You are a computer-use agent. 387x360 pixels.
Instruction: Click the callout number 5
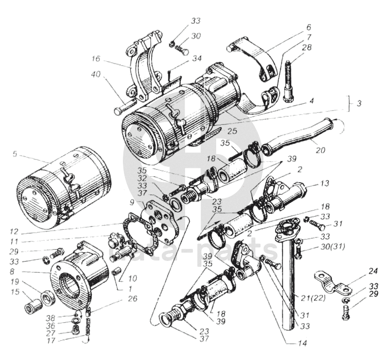[x=15, y=154]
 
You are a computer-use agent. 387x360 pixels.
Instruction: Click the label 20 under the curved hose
[x=321, y=150]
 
